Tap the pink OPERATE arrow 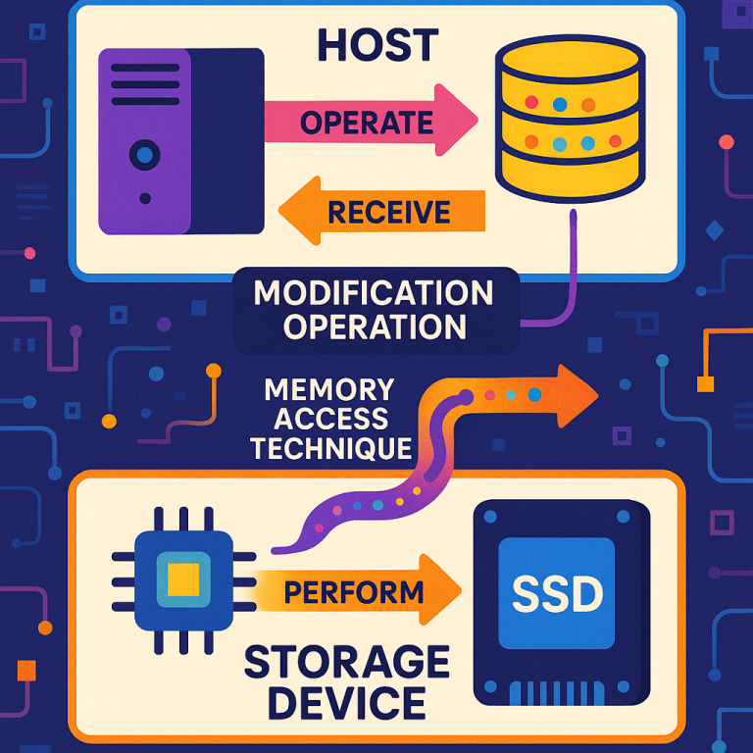368,122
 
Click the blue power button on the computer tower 145,154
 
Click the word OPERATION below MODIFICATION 375,326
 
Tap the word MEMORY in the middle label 329,390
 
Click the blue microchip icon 182,578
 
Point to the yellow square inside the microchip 183,578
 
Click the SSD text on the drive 558,593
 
